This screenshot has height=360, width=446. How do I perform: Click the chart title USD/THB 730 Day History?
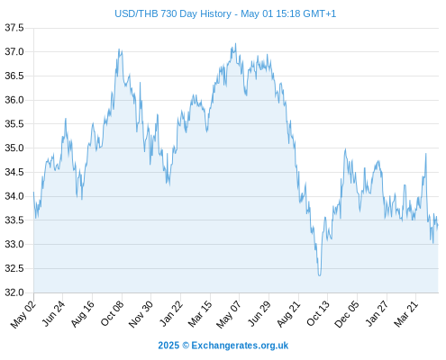pyautogui.click(x=173, y=13)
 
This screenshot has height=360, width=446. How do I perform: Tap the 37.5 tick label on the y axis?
pyautogui.click(x=14, y=28)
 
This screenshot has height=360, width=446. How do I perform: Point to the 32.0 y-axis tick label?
pyautogui.click(x=14, y=292)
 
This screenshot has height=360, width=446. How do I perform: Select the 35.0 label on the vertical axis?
pyautogui.click(x=14, y=148)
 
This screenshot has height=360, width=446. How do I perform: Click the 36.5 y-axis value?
pyautogui.click(x=14, y=76)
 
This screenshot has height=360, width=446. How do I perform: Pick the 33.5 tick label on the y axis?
pyautogui.click(x=14, y=220)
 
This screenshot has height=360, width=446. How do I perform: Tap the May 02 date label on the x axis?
pyautogui.click(x=23, y=314)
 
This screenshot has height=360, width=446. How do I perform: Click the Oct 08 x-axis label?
pyautogui.click(x=112, y=313)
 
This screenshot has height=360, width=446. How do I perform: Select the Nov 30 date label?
pyautogui.click(x=141, y=314)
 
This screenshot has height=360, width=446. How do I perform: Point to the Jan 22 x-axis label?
pyautogui.click(x=171, y=314)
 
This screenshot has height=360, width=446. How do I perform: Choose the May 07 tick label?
pyautogui.click(x=229, y=314)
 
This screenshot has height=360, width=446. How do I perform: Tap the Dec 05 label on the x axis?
pyautogui.click(x=347, y=314)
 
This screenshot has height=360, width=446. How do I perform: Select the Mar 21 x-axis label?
pyautogui.click(x=406, y=314)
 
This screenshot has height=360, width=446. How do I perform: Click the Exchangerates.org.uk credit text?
pyautogui.click(x=240, y=346)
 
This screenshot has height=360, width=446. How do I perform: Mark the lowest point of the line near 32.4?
pyautogui.click(x=319, y=275)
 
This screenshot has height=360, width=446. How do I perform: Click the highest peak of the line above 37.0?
pyautogui.click(x=235, y=43)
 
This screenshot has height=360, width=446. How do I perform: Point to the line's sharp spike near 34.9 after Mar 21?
pyautogui.click(x=425, y=154)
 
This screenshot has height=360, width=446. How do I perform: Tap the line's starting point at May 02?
pyautogui.click(x=33, y=192)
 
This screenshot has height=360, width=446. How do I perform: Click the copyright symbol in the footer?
pyautogui.click(x=186, y=346)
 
